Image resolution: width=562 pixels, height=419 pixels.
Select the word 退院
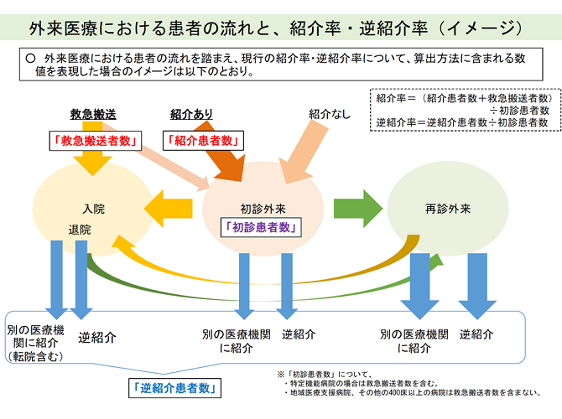pyautogui.click(x=80, y=229)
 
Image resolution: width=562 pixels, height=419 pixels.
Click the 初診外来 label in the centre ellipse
pyautogui.click(x=263, y=206)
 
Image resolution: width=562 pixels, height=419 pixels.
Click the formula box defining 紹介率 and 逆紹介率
pyautogui.click(x=463, y=110)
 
